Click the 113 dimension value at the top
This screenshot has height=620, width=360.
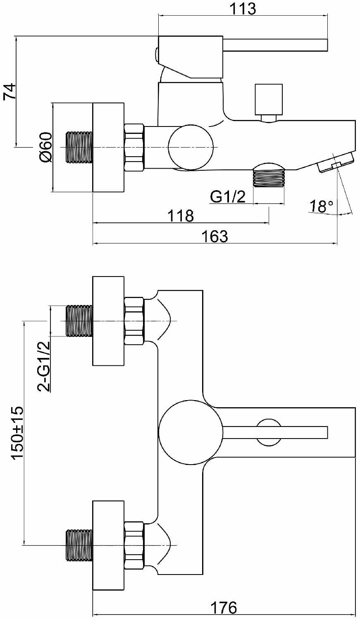pyautogui.click(x=243, y=9)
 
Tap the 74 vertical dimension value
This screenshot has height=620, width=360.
pyautogui.click(x=10, y=91)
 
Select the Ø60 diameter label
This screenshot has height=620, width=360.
pyautogui.click(x=45, y=147)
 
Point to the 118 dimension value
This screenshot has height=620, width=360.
pyautogui.click(x=181, y=216)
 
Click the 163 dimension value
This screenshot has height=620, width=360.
pyautogui.click(x=215, y=236)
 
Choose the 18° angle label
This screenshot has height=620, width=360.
pyautogui.click(x=321, y=206)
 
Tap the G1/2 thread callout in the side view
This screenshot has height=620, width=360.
pyautogui.click(x=228, y=197)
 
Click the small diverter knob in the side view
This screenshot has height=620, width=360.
pyautogui.click(x=269, y=103)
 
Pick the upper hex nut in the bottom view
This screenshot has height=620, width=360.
pyautogui.click(x=134, y=321)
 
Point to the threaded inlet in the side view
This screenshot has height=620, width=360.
pyautogui.click(x=79, y=147)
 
